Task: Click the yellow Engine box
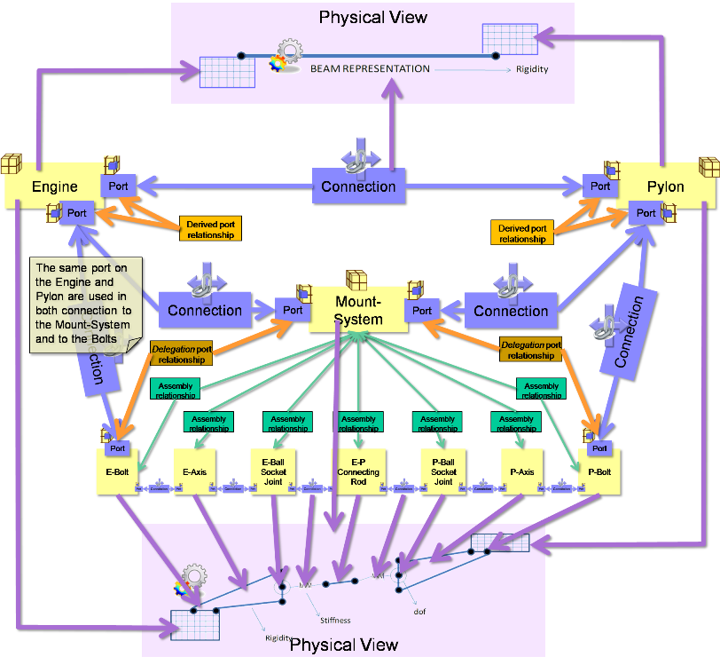point(53,186)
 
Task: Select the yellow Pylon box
point(666,187)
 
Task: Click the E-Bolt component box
point(118,472)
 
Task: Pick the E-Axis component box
point(194,472)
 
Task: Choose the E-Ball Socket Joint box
point(272,472)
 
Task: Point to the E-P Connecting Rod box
point(358,472)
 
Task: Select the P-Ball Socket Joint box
point(443,472)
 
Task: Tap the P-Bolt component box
point(599,472)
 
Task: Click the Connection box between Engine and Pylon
point(358,186)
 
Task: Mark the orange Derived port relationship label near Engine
point(209,229)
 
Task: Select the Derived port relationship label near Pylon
point(521,234)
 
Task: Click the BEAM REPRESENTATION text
point(370,68)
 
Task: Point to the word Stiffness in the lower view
point(335,620)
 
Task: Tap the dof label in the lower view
point(420,611)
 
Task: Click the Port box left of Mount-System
point(293,311)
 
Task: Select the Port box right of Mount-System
point(422,311)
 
